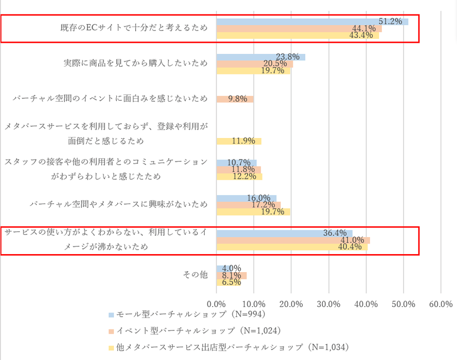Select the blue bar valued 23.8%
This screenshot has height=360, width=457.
(261, 57)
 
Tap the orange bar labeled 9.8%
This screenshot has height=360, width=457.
(235, 99)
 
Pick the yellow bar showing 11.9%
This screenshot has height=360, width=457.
(239, 141)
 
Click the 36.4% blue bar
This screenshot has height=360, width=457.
(284, 233)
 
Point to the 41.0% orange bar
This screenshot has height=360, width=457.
(293, 240)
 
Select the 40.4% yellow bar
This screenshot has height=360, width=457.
(292, 247)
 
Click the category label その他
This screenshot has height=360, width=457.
(195, 275)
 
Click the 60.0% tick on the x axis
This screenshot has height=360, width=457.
(440, 304)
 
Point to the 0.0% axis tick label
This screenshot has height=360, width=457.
(216, 304)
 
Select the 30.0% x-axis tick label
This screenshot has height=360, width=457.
(329, 304)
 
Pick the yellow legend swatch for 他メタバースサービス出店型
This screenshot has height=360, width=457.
(111, 347)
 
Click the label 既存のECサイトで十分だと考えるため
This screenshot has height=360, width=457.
(133, 28)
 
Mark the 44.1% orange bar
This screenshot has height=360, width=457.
(299, 29)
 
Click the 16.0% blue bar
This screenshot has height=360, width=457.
(246, 198)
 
